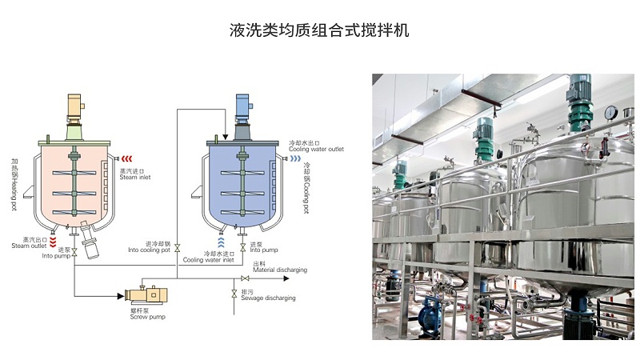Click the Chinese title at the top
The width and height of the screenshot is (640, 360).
pos(319,31)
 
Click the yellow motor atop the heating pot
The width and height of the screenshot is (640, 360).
pos(74,106)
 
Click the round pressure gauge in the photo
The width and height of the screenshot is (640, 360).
pos(610,111)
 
